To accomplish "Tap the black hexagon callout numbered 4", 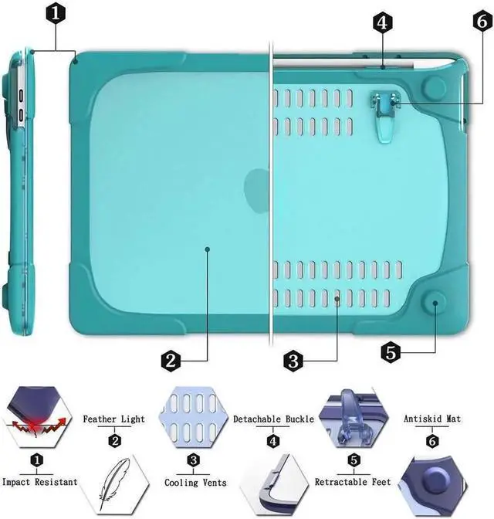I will (x=381, y=22).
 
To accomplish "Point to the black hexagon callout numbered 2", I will (x=171, y=360).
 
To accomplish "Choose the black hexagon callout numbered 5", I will (x=391, y=353).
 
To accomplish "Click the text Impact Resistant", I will (x=39, y=482).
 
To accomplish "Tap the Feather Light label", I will (x=114, y=419).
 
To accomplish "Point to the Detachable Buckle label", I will (x=273, y=419).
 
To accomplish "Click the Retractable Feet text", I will (x=354, y=482).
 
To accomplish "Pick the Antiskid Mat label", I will (x=432, y=419).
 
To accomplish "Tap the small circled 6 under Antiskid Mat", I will (x=432, y=442).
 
